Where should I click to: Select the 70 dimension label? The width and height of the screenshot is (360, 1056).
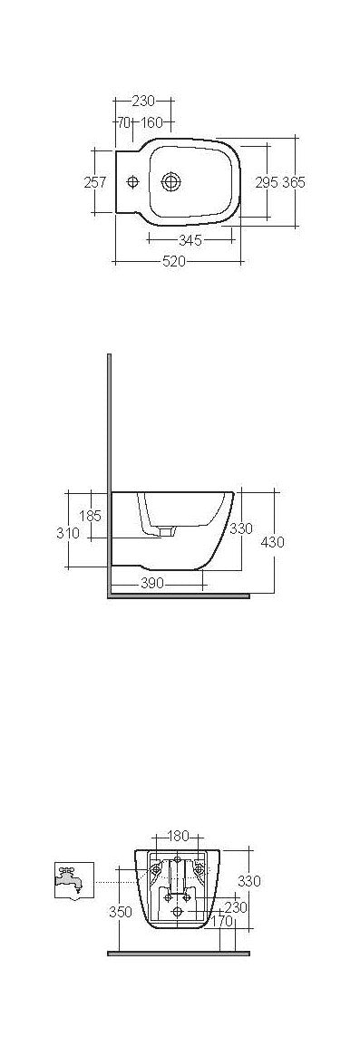tap(122, 122)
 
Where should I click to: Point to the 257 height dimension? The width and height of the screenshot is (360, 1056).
tap(95, 182)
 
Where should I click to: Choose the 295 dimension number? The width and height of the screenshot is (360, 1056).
tap(266, 182)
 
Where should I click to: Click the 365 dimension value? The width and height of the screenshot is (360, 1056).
tap(293, 182)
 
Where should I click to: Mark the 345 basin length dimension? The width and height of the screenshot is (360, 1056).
tap(190, 240)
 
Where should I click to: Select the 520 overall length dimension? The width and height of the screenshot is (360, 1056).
tap(174, 262)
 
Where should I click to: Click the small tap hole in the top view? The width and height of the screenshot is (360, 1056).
tap(133, 181)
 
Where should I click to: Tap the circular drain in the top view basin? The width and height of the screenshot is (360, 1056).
tap(170, 181)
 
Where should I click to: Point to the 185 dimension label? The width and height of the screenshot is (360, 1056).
tap(90, 516)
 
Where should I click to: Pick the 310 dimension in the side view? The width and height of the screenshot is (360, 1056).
tap(69, 533)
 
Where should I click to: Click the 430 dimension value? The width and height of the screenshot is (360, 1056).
tap(272, 542)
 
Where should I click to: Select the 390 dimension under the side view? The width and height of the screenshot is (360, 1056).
tap(151, 583)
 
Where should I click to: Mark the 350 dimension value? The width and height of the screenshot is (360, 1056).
tap(121, 913)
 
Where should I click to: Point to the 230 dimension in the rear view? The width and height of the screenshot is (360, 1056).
tap(236, 907)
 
